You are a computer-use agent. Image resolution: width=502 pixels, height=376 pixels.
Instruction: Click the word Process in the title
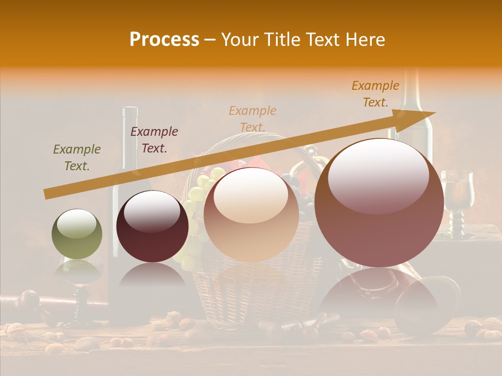(x=164, y=40)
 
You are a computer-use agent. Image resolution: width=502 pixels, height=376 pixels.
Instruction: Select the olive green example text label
(x=77, y=158)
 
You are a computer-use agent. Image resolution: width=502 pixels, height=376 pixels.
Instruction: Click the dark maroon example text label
(x=154, y=140)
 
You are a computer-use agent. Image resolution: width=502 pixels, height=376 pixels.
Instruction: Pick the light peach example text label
(x=253, y=119)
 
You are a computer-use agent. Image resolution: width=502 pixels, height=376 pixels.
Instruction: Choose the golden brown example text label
(x=375, y=94)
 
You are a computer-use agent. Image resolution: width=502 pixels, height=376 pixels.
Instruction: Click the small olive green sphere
(x=77, y=234)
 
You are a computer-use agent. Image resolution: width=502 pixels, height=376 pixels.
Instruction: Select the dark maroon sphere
(x=152, y=226)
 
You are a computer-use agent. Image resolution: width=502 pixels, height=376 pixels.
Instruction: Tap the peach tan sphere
(x=252, y=215)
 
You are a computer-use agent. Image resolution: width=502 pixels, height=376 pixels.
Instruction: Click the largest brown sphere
(x=380, y=203)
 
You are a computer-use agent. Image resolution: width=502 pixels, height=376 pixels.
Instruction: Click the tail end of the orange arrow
(x=48, y=194)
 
